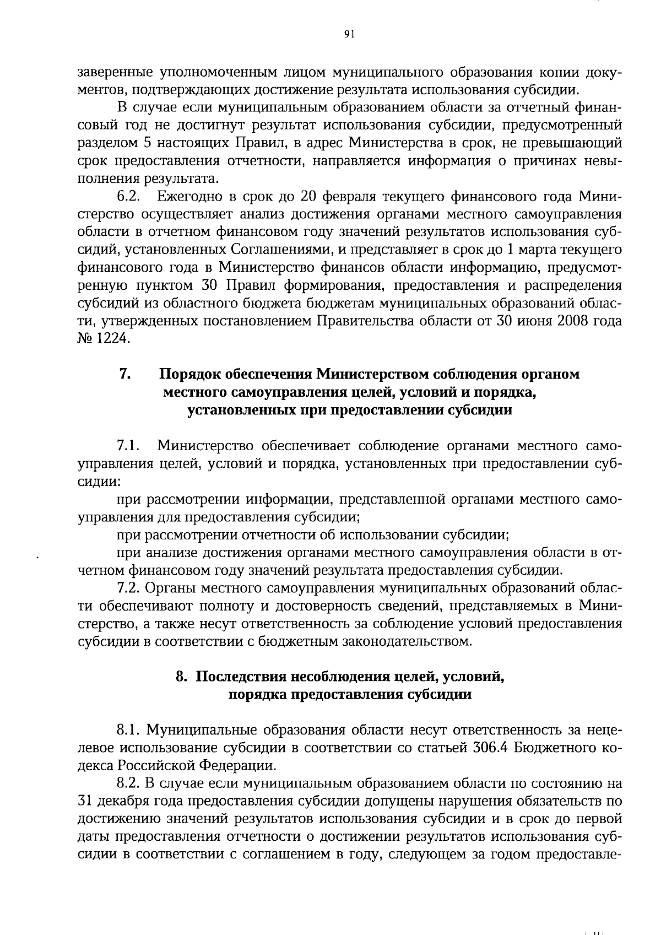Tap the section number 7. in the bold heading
(124, 374)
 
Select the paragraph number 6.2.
(127, 197)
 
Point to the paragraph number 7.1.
(127, 446)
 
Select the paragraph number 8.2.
(129, 783)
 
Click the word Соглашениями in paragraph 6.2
(279, 250)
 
